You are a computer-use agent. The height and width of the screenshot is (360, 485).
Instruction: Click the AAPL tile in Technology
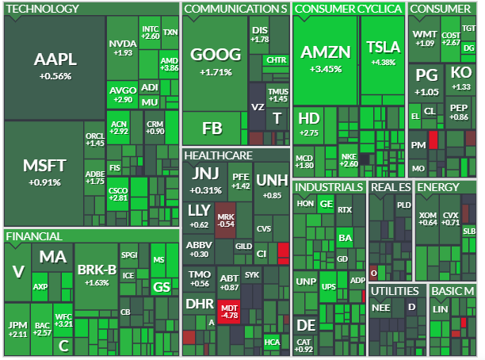[x=55, y=67]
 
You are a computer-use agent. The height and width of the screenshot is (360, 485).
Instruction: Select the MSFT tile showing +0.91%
[x=44, y=173]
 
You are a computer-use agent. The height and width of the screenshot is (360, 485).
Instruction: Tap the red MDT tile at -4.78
[x=229, y=312]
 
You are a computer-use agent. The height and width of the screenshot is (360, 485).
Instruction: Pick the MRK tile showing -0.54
[x=226, y=220]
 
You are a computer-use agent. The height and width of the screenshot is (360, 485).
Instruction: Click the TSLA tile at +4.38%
[x=383, y=55]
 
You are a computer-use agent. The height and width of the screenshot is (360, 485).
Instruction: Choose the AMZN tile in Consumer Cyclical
[x=326, y=60]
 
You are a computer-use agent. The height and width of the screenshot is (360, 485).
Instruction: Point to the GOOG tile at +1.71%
[x=216, y=63]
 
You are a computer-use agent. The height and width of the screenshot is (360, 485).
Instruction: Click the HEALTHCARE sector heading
[x=219, y=155]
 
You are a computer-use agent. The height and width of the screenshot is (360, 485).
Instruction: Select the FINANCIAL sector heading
[x=34, y=236]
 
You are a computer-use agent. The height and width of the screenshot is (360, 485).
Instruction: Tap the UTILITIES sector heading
[x=395, y=291]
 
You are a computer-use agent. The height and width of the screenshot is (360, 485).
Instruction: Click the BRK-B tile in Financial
[x=97, y=276]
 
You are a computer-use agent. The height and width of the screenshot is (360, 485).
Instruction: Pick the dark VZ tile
[x=258, y=106]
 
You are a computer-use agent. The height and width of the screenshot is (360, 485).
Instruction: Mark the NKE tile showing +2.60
[x=349, y=160]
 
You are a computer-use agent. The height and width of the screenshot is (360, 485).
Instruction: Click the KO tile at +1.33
[x=461, y=79]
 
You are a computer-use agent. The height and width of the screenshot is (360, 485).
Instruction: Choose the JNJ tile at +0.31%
[x=205, y=182]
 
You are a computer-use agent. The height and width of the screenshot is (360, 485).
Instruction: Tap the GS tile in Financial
[x=162, y=287]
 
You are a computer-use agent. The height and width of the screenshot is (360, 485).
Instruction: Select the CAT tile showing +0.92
[x=304, y=346]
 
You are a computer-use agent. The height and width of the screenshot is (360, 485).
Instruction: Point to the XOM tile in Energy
[x=427, y=219]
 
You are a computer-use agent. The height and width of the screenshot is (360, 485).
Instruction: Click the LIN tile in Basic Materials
[x=440, y=309]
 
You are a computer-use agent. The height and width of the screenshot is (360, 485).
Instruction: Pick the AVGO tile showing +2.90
[x=123, y=94]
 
